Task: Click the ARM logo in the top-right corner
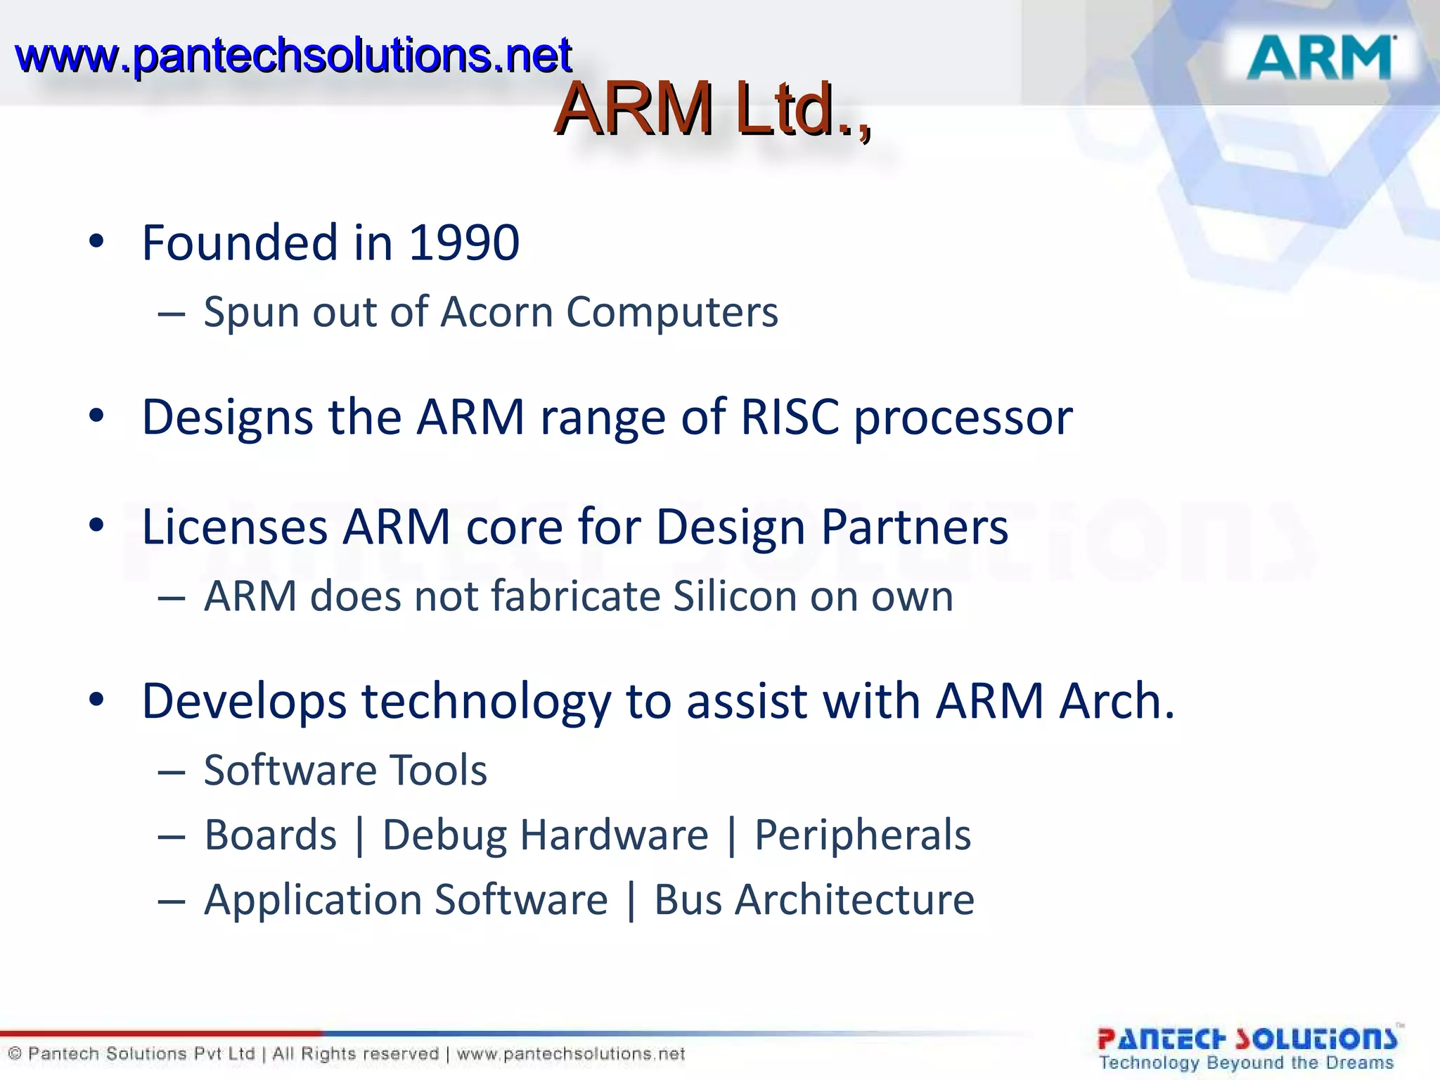[1320, 57]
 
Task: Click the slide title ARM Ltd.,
[712, 109]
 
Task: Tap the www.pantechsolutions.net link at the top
[292, 56]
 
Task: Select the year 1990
[464, 243]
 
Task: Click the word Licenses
[234, 527]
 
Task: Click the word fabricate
[573, 596]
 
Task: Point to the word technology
[486, 702]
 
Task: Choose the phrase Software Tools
[345, 770]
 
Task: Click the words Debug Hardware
[545, 835]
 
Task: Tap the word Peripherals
[862, 836]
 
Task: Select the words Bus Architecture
[814, 900]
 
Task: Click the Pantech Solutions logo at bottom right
[1247, 1047]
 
